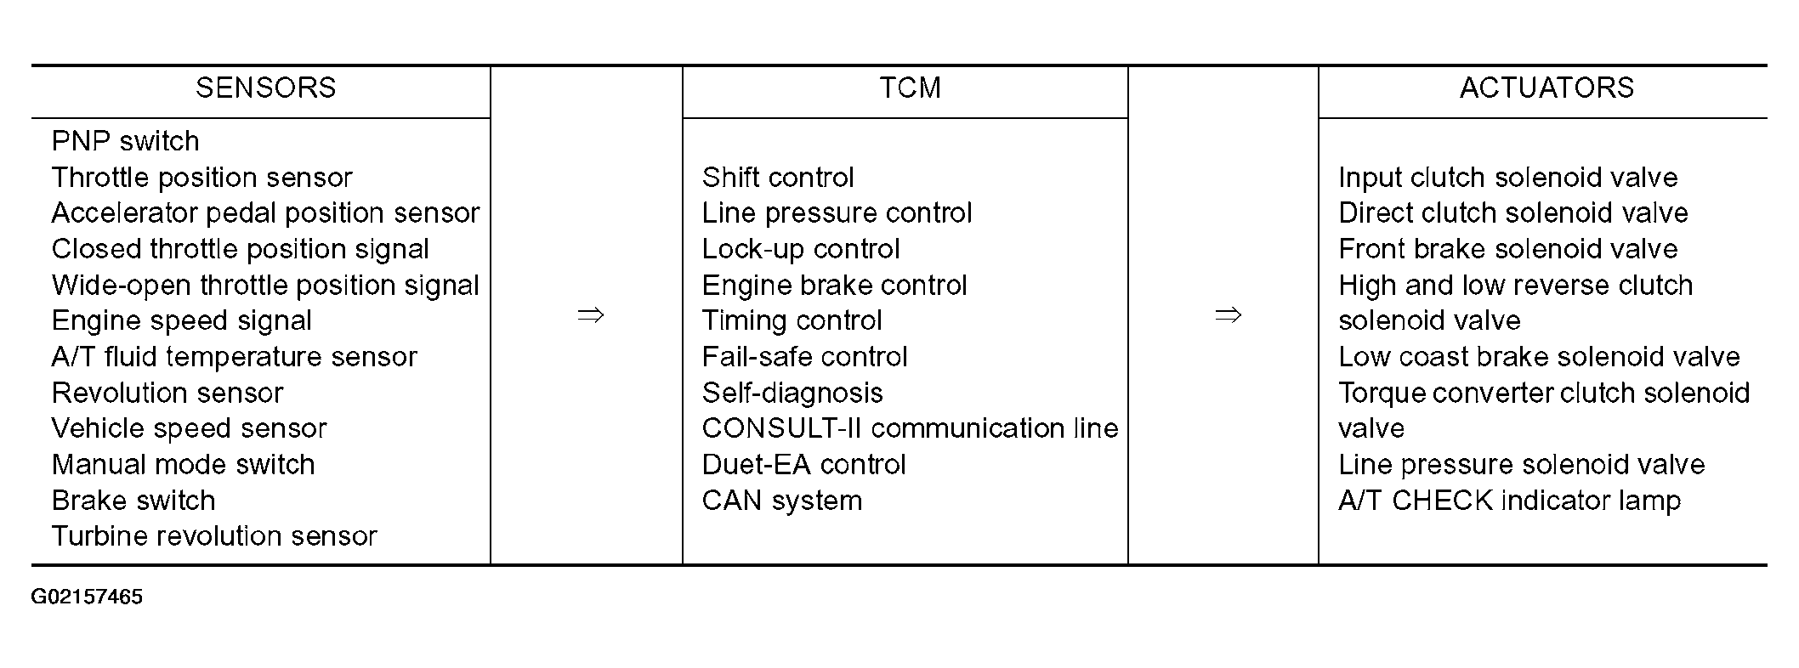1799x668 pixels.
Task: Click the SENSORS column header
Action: pos(266,88)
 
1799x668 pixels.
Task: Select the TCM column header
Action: pos(910,88)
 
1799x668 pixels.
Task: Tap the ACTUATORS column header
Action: pos(1546,88)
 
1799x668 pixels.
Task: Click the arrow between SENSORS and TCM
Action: pos(591,316)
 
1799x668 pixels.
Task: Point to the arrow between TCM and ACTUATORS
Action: pos(1229,316)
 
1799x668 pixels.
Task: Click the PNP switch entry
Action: pos(126,141)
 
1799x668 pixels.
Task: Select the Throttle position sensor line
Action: pos(201,177)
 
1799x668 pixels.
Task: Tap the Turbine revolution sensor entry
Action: pos(214,535)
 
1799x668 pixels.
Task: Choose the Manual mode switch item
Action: pos(184,464)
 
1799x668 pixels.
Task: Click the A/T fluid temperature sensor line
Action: pos(235,356)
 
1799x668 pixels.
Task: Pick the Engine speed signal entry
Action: pos(182,320)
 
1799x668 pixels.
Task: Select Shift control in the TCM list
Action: pos(778,177)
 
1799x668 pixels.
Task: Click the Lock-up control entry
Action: pos(801,249)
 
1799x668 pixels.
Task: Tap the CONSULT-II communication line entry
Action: pos(910,427)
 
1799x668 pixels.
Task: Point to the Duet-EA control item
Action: pos(804,464)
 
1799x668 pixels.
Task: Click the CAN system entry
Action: pos(782,500)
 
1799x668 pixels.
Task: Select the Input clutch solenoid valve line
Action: pos(1508,177)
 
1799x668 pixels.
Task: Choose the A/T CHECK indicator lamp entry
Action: pos(1510,500)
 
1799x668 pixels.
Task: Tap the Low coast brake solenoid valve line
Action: pos(1540,356)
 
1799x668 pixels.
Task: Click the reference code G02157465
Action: pos(87,597)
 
